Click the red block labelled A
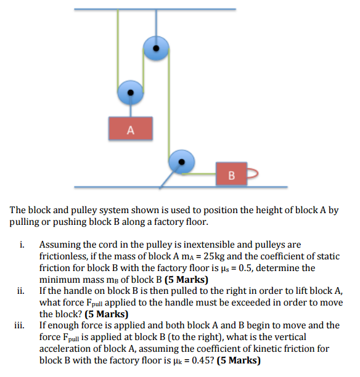point(129,128)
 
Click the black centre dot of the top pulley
point(157,46)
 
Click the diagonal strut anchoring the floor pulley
point(167,178)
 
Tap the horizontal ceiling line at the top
point(154,10)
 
